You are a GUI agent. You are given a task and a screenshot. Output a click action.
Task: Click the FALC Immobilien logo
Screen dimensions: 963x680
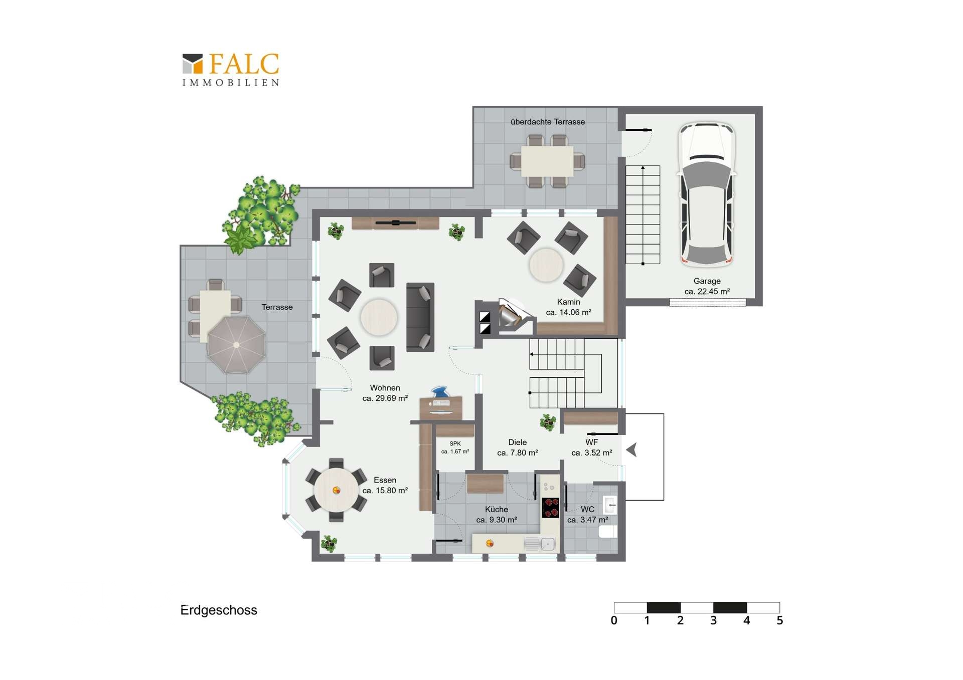coord(230,70)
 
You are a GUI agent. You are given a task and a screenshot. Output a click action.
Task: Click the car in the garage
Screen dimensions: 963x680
coord(707,194)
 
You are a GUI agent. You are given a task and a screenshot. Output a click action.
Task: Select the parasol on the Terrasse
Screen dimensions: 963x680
coord(236,345)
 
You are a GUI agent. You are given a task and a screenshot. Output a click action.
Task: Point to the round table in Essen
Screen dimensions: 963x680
coord(336,490)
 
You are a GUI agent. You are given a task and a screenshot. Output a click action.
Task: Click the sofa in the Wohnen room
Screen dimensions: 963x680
coord(420,317)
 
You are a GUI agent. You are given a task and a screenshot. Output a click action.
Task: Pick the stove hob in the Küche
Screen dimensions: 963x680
coord(550,507)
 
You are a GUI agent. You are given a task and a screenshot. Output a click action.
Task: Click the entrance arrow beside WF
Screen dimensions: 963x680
coord(631,449)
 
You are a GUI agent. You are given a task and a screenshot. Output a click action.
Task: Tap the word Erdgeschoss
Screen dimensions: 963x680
coord(219,610)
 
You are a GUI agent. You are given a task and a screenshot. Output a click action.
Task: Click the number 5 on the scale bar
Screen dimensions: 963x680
coord(779,620)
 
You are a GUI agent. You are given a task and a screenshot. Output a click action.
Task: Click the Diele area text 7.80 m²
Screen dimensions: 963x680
coord(518,452)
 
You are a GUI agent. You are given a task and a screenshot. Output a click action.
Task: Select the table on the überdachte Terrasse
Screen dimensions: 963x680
coord(547,161)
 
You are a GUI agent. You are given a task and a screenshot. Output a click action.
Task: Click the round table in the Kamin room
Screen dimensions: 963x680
coord(546,265)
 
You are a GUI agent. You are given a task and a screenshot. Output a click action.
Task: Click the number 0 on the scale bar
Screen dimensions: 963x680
coord(614,620)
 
